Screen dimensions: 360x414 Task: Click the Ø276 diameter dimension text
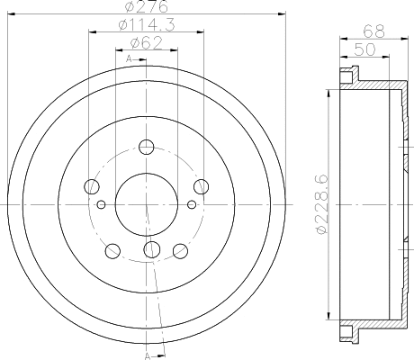coord(145,8)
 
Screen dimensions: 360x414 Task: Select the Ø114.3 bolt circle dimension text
coord(145,25)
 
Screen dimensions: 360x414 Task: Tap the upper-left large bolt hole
coord(90,187)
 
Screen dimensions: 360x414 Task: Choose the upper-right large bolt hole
coord(201,186)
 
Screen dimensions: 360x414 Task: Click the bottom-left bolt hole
coord(112,250)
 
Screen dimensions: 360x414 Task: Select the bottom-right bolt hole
coord(178,250)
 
